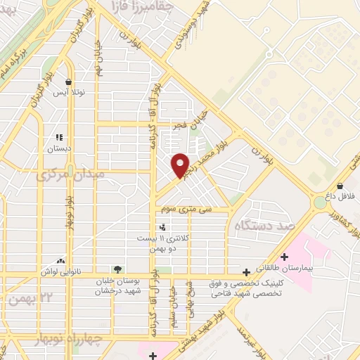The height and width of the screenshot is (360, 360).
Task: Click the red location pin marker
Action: click(181, 165)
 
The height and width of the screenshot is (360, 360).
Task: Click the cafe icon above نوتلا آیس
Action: click(69, 82)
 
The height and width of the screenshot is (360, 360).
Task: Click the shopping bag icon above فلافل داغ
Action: click(340, 186)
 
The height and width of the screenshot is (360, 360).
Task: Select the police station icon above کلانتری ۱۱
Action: click(163, 226)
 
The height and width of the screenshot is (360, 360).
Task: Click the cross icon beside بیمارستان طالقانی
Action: click(285, 257)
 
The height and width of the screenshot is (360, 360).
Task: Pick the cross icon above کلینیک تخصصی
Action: click(246, 272)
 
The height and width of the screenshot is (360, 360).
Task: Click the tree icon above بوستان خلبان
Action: click(118, 269)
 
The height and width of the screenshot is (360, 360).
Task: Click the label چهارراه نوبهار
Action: click(68, 340)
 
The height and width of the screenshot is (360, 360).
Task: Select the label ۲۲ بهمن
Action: click(27, 300)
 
